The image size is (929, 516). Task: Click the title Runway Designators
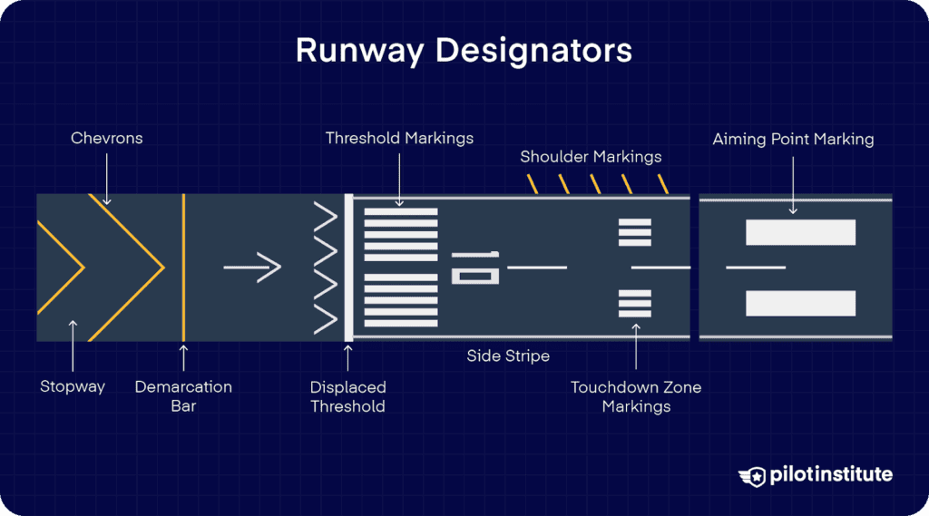click(464, 51)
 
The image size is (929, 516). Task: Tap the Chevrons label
click(107, 139)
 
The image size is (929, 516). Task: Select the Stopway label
click(73, 386)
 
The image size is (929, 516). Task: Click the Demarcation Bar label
click(183, 396)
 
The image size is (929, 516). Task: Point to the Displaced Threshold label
click(347, 396)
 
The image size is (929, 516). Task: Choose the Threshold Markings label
click(399, 139)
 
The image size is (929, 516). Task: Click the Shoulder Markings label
click(591, 157)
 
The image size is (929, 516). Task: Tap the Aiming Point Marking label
click(793, 139)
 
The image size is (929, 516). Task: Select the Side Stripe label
click(508, 356)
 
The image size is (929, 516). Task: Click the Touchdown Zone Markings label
click(636, 396)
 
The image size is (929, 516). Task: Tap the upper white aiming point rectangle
click(800, 232)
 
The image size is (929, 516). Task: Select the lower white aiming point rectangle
click(800, 303)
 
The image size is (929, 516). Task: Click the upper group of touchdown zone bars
click(635, 233)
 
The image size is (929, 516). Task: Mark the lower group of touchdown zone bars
click(635, 303)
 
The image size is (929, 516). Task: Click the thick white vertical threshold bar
click(348, 268)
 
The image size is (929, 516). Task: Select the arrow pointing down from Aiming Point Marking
click(793, 185)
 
